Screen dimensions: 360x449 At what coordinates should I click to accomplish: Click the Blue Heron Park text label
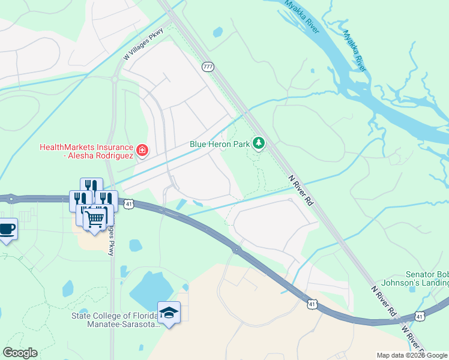(x=218, y=144)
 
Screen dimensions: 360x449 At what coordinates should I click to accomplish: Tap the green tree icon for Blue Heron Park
(x=259, y=143)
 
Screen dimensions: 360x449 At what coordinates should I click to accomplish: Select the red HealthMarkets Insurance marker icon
(x=142, y=150)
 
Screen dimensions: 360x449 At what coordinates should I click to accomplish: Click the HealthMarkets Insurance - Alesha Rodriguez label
(x=86, y=151)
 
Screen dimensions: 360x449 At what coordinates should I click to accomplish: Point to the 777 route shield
(x=208, y=67)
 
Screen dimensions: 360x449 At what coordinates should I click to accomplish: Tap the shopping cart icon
(x=94, y=218)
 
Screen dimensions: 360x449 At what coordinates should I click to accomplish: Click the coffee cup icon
(x=7, y=229)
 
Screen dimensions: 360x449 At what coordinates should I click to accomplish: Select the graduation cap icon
(x=168, y=312)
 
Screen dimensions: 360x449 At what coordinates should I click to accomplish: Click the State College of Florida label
(x=114, y=320)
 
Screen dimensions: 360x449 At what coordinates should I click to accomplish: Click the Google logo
(x=20, y=353)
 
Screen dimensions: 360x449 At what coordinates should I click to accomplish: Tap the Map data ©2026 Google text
(x=412, y=355)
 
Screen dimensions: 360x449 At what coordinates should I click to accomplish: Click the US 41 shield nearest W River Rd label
(x=420, y=316)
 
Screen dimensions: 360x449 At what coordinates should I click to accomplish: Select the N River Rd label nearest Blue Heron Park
(x=301, y=191)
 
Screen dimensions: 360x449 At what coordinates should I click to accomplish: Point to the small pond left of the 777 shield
(x=217, y=32)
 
